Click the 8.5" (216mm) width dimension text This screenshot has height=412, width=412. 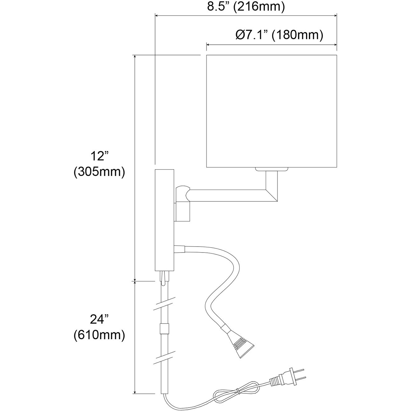click(x=246, y=7)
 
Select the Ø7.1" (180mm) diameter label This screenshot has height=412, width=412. click(x=280, y=35)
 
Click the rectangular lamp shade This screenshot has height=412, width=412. click(x=271, y=111)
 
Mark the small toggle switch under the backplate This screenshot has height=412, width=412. click(x=163, y=278)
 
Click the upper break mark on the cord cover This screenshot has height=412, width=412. click(x=164, y=303)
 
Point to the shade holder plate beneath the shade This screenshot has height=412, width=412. click(x=271, y=169)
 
